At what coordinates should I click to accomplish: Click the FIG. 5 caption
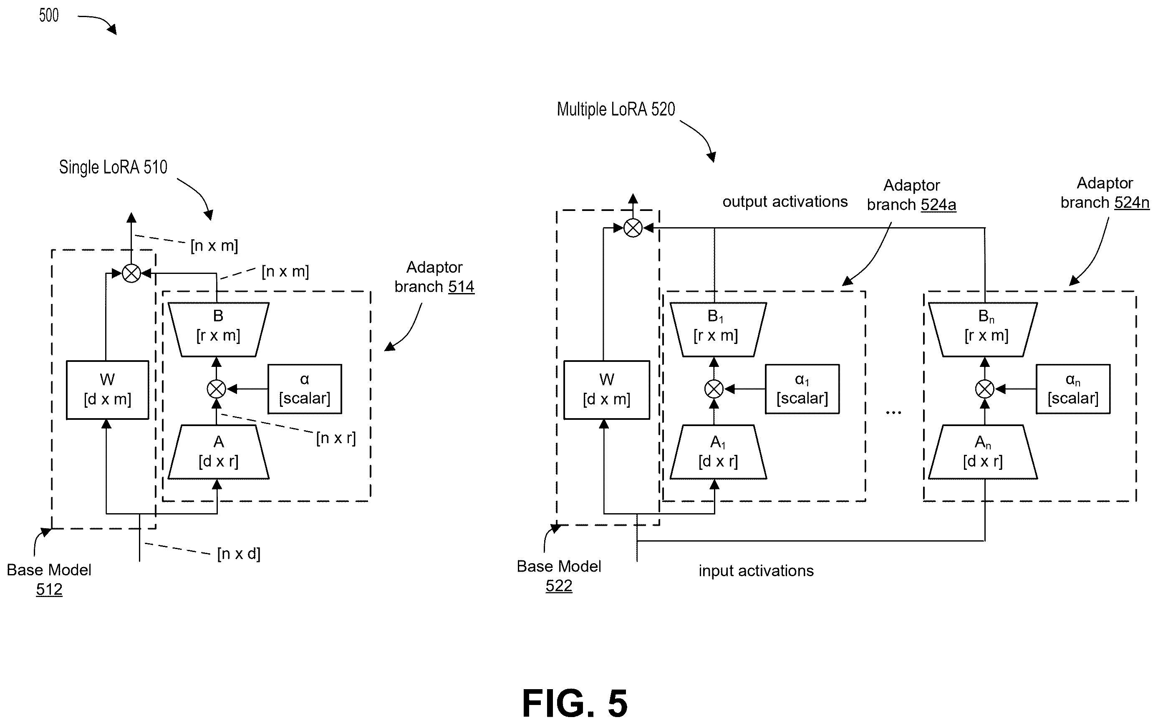pyautogui.click(x=575, y=703)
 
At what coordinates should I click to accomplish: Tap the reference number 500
pyautogui.click(x=48, y=15)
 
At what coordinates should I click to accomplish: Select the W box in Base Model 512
pyautogui.click(x=107, y=390)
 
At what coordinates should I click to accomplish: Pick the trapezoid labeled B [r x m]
pyautogui.click(x=218, y=329)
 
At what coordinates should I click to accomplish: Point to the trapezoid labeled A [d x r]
pyautogui.click(x=218, y=452)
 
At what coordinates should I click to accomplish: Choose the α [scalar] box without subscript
pyautogui.click(x=305, y=389)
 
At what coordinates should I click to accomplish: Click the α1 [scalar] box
pyautogui.click(x=802, y=389)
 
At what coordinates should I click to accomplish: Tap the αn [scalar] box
pyautogui.click(x=1073, y=389)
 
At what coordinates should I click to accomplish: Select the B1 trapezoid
pyautogui.click(x=718, y=329)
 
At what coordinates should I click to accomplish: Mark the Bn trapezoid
pyautogui.click(x=983, y=329)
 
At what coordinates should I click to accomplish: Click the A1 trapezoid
pyautogui.click(x=718, y=452)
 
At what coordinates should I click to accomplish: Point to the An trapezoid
pyautogui.click(x=983, y=452)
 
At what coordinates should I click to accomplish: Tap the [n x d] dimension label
pyautogui.click(x=239, y=554)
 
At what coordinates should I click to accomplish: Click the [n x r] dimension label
pyautogui.click(x=336, y=438)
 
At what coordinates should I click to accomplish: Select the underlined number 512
pyautogui.click(x=49, y=590)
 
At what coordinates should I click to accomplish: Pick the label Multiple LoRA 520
pyautogui.click(x=616, y=109)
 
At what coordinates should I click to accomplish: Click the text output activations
pyautogui.click(x=785, y=202)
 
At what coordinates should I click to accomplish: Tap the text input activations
pyautogui.click(x=756, y=571)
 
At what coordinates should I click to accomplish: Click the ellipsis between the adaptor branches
pyautogui.click(x=893, y=412)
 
